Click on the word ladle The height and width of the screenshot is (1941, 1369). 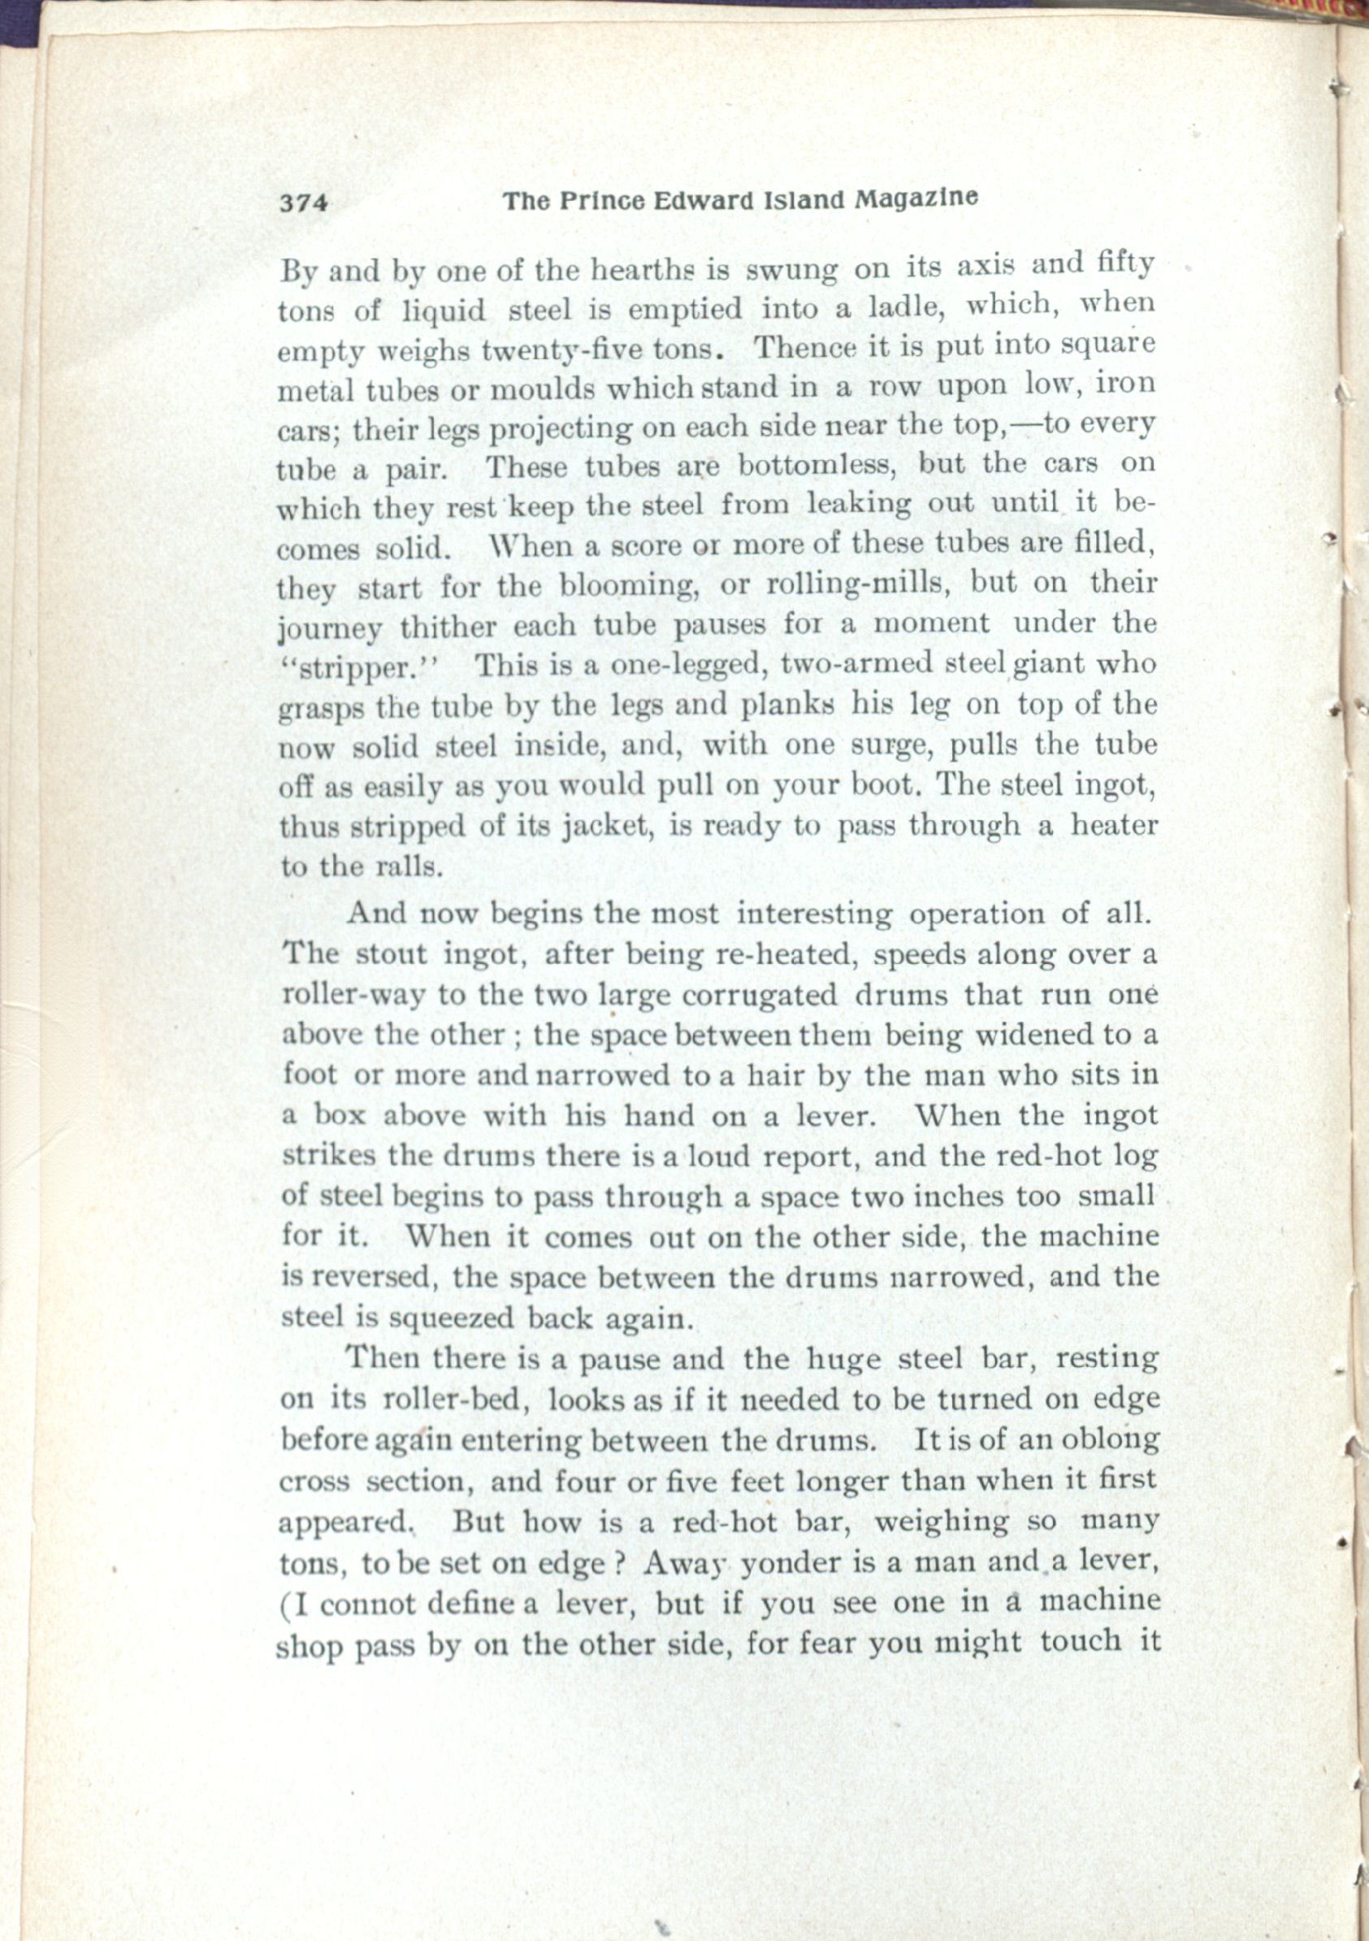(898, 306)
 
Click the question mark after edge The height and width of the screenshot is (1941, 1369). (618, 1562)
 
